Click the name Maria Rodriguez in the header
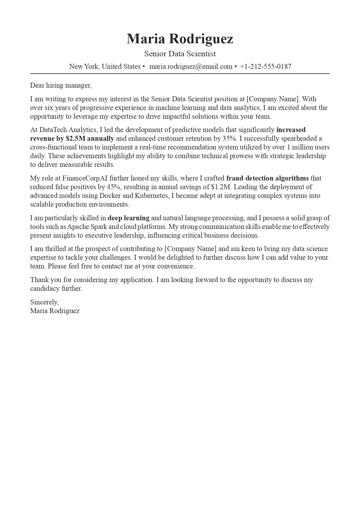(x=180, y=39)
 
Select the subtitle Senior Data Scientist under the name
(x=180, y=54)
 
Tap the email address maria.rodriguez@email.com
(x=191, y=66)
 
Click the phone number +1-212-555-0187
(x=265, y=66)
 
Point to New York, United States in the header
(x=105, y=66)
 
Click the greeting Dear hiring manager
(x=61, y=85)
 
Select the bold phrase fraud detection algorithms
(x=267, y=178)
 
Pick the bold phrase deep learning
(x=129, y=218)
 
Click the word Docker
(x=110, y=196)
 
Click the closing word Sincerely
(x=44, y=302)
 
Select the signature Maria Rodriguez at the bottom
(x=55, y=311)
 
